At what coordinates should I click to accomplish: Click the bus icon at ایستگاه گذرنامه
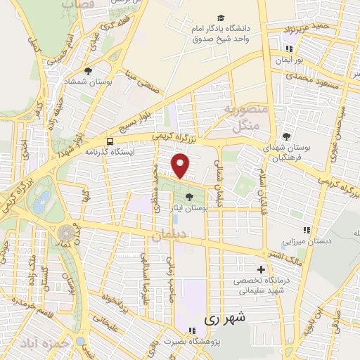(x=110, y=141)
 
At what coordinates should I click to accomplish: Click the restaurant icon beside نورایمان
(x=288, y=49)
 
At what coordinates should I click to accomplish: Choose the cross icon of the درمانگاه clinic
(x=261, y=269)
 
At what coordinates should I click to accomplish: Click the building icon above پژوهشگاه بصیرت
(x=191, y=330)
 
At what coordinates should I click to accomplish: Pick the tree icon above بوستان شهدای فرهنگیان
(x=285, y=136)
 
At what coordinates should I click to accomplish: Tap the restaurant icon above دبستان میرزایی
(x=306, y=229)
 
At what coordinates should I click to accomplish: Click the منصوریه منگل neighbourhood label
(x=241, y=119)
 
